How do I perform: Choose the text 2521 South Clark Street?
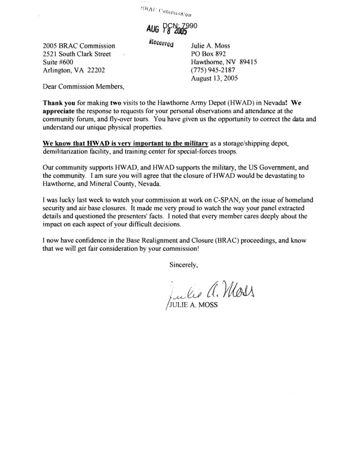(76, 53)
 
